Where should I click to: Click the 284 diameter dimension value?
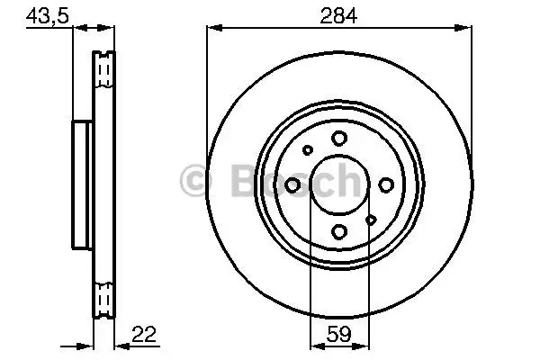[338, 15]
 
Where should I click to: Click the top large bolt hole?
[338, 138]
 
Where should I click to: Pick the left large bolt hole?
[292, 184]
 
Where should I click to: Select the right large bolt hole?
[385, 184]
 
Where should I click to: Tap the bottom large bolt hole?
[338, 231]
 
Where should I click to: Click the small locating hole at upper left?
[307, 150]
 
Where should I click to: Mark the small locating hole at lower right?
[371, 219]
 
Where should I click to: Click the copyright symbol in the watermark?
[193, 181]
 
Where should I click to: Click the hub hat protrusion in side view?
[82, 184]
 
